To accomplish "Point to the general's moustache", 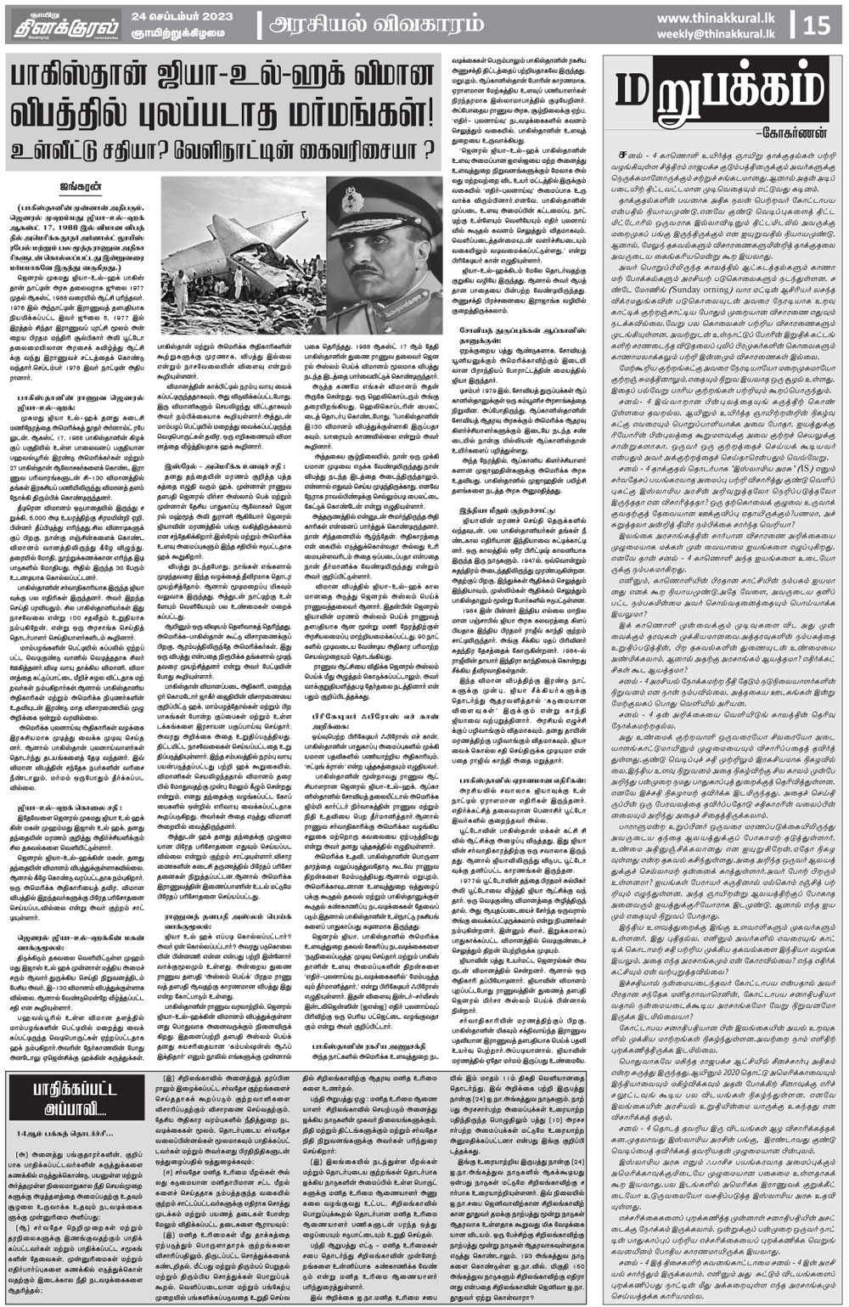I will [x=380, y=270].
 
